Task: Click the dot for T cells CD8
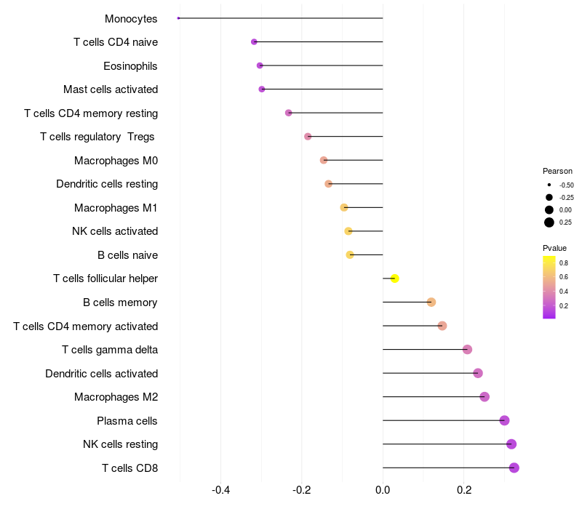click(514, 468)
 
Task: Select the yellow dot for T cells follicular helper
click(394, 278)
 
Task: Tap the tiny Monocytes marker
click(178, 18)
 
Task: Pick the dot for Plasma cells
click(504, 420)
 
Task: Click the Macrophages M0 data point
click(324, 160)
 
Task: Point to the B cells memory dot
click(431, 302)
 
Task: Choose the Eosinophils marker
click(260, 65)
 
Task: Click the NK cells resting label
click(120, 444)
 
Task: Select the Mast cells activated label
click(111, 89)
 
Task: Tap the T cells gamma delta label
click(110, 350)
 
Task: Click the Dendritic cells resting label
click(107, 184)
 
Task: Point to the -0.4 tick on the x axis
click(221, 490)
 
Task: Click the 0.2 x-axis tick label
click(463, 490)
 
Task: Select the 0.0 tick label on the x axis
click(383, 490)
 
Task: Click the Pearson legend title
click(557, 171)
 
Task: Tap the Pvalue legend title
click(554, 248)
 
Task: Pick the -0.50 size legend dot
click(549, 185)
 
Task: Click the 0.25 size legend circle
click(549, 223)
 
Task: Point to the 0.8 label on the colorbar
click(564, 262)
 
